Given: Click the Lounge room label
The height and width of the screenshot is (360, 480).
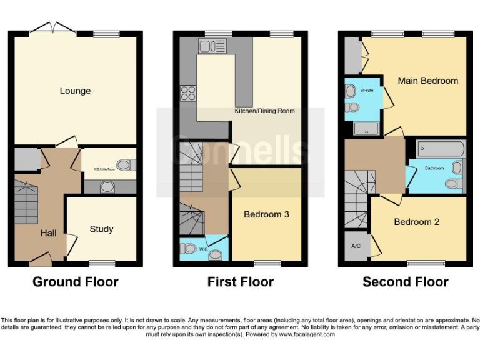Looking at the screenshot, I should click(x=75, y=91).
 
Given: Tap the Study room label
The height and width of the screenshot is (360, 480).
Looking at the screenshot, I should click(x=101, y=229).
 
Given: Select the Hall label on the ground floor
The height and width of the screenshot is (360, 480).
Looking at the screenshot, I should click(x=49, y=233).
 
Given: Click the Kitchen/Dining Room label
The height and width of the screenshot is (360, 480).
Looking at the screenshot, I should click(x=264, y=111).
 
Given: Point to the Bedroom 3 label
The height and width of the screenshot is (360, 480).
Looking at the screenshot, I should click(x=266, y=214).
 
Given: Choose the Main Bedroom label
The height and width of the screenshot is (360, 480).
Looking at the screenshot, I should click(x=428, y=81).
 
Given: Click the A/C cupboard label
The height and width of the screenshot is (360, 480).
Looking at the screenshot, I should click(x=356, y=245).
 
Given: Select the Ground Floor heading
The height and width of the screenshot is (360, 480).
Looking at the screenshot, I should click(x=75, y=282).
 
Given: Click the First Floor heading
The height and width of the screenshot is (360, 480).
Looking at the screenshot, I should click(x=241, y=282).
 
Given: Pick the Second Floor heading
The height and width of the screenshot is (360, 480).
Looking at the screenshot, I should click(x=406, y=282).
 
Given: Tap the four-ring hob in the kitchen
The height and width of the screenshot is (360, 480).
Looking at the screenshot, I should click(x=188, y=93).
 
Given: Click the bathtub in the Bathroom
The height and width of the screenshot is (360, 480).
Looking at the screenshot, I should click(x=442, y=149).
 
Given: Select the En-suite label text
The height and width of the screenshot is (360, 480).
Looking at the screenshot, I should click(x=367, y=91).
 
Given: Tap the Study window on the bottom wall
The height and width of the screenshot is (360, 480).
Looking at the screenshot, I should click(x=101, y=264).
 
